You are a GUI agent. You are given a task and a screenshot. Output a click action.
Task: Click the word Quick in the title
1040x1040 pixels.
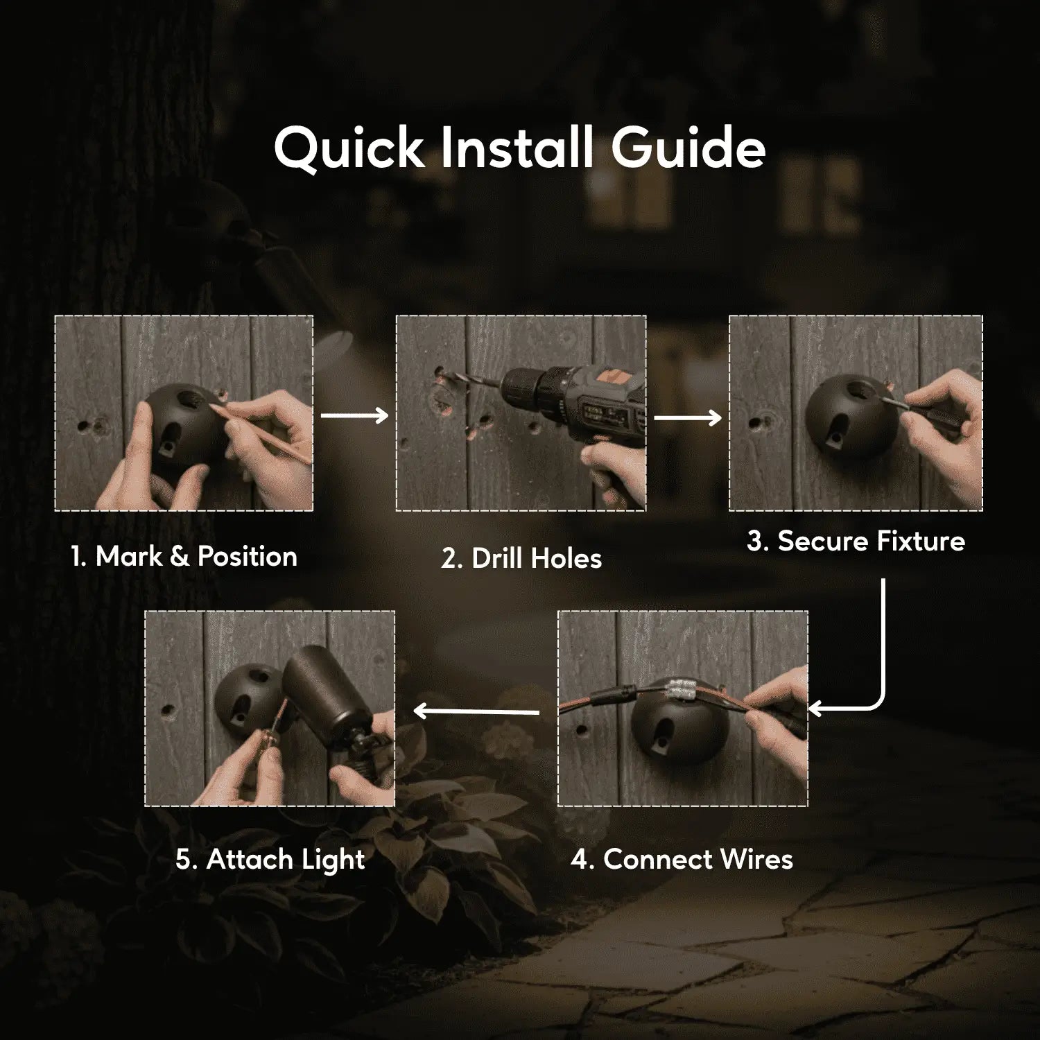pos(348,148)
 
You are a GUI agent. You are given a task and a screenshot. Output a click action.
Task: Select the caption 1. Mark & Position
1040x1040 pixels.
pos(184,556)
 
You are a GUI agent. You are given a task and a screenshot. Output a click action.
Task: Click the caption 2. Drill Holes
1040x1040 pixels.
pos(521,558)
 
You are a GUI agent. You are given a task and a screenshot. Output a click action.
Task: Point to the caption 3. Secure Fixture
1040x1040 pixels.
pos(856,541)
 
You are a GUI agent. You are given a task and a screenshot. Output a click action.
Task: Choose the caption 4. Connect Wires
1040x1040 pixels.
pos(682,859)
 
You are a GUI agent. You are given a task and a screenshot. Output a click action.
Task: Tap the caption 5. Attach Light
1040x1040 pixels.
pos(270,860)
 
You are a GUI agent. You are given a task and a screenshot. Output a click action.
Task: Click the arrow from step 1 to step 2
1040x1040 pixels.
pos(354,415)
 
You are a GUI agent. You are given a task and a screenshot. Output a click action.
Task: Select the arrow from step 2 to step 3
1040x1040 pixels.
pos(688,417)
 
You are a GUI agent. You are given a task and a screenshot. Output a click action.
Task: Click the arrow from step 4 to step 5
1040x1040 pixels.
pos(476,711)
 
